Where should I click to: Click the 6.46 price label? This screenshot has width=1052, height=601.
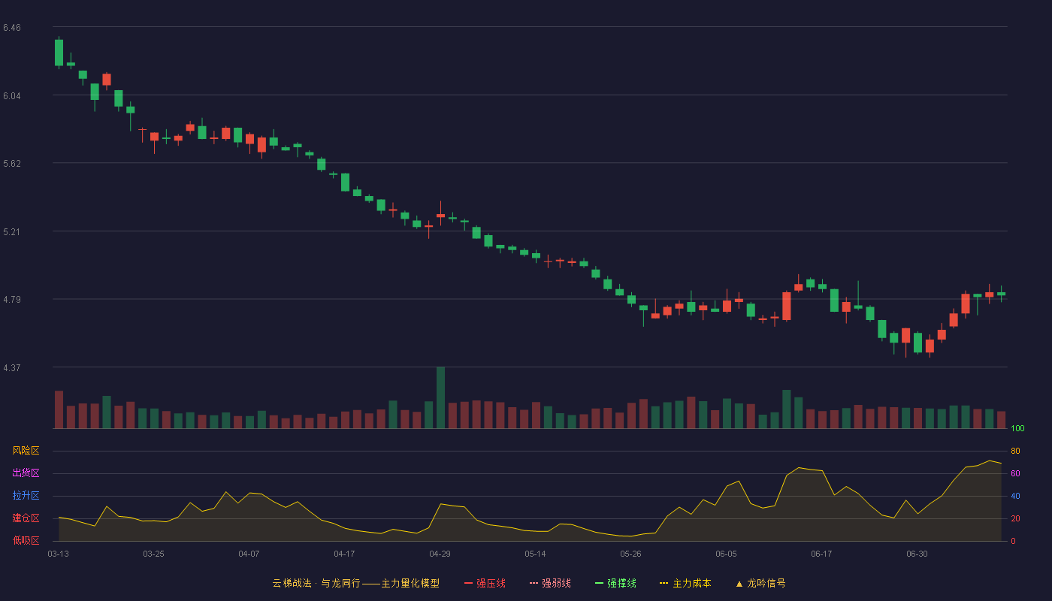coord(12,28)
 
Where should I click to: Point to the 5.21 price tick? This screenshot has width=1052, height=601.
coord(12,232)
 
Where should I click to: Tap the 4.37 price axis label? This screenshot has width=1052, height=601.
coord(12,368)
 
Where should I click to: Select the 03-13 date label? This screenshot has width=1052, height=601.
coord(59,554)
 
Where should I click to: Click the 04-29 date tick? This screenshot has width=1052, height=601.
coord(440,554)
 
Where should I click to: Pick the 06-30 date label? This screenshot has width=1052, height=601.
coord(917,554)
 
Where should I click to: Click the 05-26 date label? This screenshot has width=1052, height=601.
coord(630,554)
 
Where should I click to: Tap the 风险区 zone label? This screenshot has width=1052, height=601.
coord(26,451)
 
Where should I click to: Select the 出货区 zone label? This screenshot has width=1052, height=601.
coord(26,473)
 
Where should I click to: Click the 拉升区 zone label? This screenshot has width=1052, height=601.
coord(26,495)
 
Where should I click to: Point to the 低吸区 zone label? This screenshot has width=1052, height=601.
coord(26,540)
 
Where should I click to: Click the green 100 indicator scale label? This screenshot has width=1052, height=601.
coord(1017,428)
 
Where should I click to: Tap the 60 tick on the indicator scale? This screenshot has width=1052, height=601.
coord(1015,473)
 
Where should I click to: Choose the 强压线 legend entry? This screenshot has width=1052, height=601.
coord(485,583)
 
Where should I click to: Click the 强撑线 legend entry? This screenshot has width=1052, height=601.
coord(615,583)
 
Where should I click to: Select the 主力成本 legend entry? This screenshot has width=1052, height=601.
coord(685,583)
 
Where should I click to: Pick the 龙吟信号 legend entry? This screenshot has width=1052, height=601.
coord(760,583)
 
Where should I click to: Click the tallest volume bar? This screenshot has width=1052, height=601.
coord(440,397)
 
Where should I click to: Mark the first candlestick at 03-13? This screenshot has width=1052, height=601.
coord(59,53)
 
